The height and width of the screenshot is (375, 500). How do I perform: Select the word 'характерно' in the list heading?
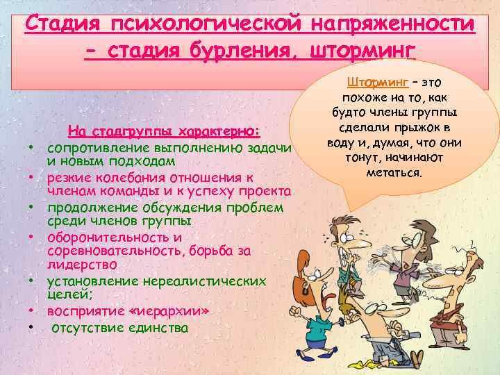(220, 131)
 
